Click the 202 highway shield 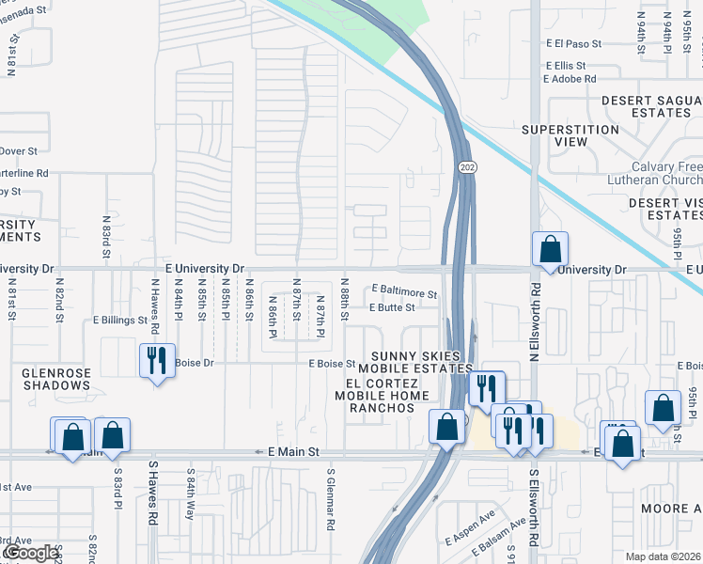(x=467, y=166)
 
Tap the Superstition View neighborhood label (x=570, y=135)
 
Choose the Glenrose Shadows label (x=56, y=379)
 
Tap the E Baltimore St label (x=404, y=293)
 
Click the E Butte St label (x=392, y=307)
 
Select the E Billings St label (x=119, y=320)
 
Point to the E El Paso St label (x=572, y=43)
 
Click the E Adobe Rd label (x=571, y=79)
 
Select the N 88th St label (x=345, y=299)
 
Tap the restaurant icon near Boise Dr (x=156, y=360)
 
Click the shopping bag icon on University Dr (x=551, y=250)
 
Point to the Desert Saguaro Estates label (x=647, y=106)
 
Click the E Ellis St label (x=567, y=66)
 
